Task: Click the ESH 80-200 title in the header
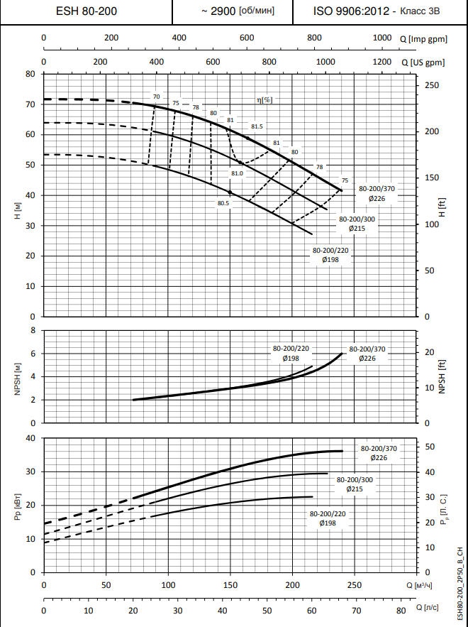[x=87, y=11]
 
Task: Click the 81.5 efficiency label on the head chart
[x=256, y=126]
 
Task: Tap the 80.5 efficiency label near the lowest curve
[x=223, y=203]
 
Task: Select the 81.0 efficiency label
[x=237, y=174]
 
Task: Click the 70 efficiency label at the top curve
[x=156, y=97]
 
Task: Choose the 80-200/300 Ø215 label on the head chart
[x=357, y=224]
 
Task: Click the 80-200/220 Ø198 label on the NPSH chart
[x=291, y=354]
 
